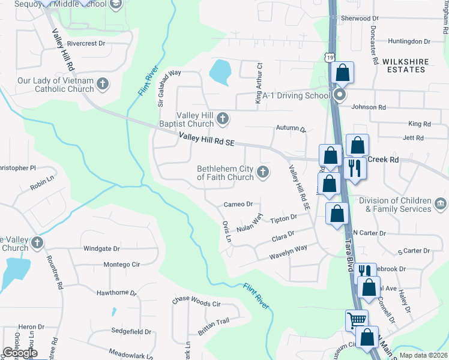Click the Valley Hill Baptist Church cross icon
pyautogui.click(x=223, y=118)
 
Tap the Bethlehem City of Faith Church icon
pyautogui.click(x=262, y=173)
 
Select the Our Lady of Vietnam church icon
pyautogui.click(x=103, y=83)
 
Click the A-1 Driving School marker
pyautogui.click(x=340, y=95)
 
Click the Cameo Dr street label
pyautogui.click(x=238, y=205)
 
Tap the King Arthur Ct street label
pyautogui.click(x=259, y=84)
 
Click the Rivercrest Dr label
pyautogui.click(x=86, y=44)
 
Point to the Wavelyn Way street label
pyautogui.click(x=288, y=248)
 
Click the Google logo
pyautogui.click(x=20, y=353)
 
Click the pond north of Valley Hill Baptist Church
pyautogui.click(x=220, y=72)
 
